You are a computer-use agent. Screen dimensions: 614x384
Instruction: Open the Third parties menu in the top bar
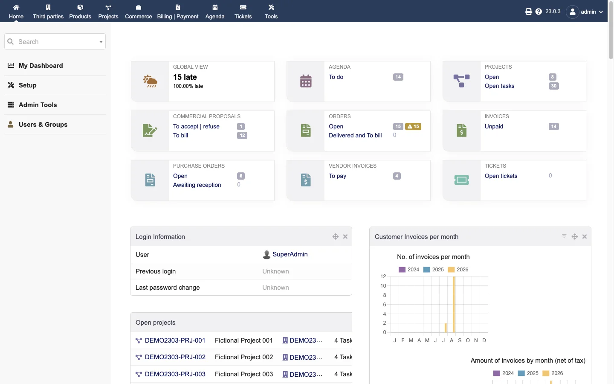coord(48,12)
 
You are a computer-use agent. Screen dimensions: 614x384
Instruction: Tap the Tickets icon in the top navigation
coord(243,7)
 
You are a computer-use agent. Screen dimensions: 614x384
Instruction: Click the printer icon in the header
coord(528,12)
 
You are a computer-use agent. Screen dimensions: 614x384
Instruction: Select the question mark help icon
coord(539,12)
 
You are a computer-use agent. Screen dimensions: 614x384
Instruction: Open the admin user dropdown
coord(585,12)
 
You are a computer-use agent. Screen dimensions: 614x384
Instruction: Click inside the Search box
coord(55,41)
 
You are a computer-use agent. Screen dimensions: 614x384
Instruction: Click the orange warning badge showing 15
coord(413,126)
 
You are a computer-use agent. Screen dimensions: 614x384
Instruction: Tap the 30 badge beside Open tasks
coord(553,86)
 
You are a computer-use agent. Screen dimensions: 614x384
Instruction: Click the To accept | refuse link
coord(196,126)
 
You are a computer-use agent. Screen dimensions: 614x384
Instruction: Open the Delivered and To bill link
coord(355,136)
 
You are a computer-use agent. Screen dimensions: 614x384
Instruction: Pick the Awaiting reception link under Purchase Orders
coord(197,185)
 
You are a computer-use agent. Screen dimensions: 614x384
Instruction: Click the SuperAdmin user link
coord(290,254)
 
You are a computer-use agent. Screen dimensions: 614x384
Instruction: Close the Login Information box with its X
coord(345,236)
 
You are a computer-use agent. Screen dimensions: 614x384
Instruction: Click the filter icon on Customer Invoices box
coord(564,236)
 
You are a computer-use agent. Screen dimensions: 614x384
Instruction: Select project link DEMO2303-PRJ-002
coord(175,357)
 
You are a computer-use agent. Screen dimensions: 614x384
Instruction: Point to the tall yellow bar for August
coord(454,305)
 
